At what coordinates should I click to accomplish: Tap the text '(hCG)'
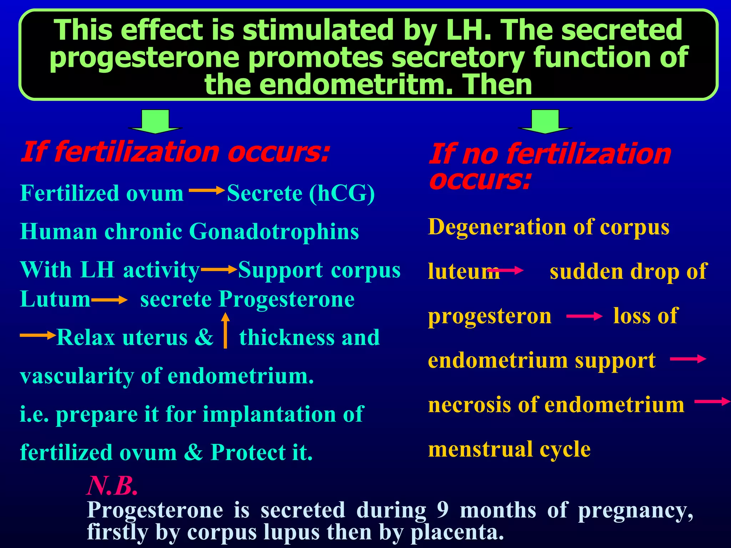[342, 194]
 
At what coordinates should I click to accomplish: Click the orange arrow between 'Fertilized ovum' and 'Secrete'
[206, 191]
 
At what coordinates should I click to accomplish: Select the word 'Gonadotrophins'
[274, 232]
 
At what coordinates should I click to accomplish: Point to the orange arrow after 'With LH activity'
[219, 270]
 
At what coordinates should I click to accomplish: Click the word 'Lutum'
[55, 299]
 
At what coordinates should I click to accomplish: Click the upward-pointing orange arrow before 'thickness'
[225, 330]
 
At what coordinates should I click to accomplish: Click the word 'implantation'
[269, 414]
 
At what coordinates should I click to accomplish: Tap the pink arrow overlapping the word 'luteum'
[505, 271]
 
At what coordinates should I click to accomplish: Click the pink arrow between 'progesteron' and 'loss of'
[584, 316]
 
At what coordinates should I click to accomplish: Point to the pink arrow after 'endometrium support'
[688, 359]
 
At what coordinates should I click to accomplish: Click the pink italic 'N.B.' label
[112, 486]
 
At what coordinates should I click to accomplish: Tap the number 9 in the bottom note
[443, 509]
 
